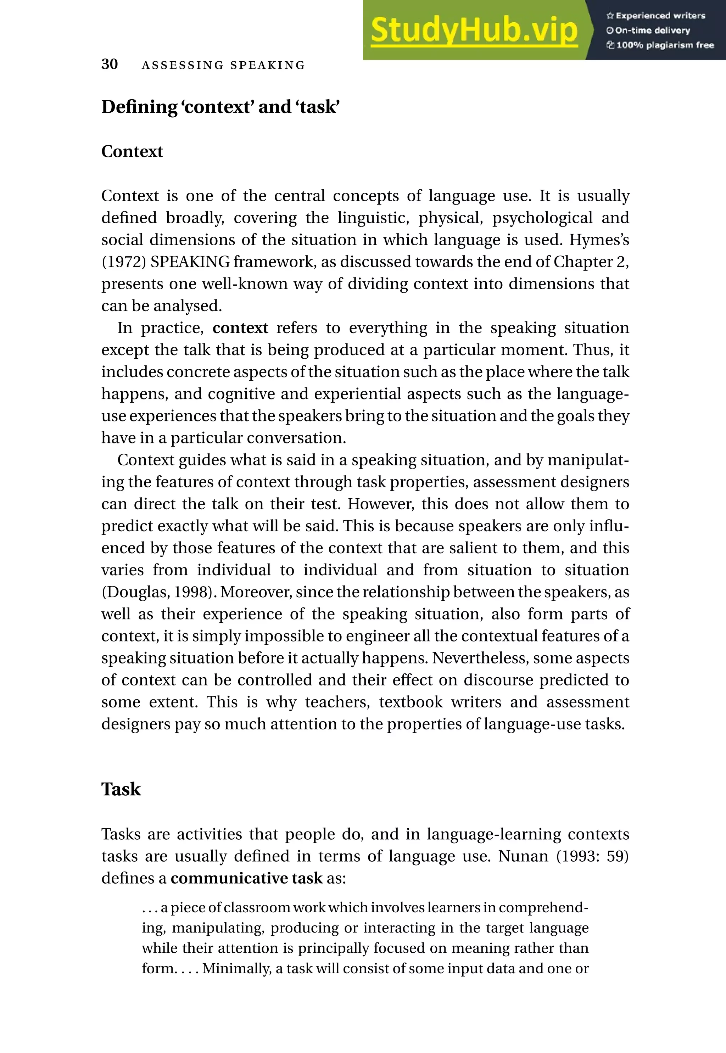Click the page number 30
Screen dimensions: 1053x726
click(110, 64)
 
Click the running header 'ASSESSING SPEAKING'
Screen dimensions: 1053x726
click(223, 66)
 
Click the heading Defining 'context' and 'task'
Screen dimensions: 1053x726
click(220, 107)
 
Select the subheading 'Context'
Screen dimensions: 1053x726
click(132, 151)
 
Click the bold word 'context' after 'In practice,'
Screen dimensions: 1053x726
click(240, 328)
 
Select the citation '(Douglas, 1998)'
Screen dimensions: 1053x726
click(158, 592)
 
